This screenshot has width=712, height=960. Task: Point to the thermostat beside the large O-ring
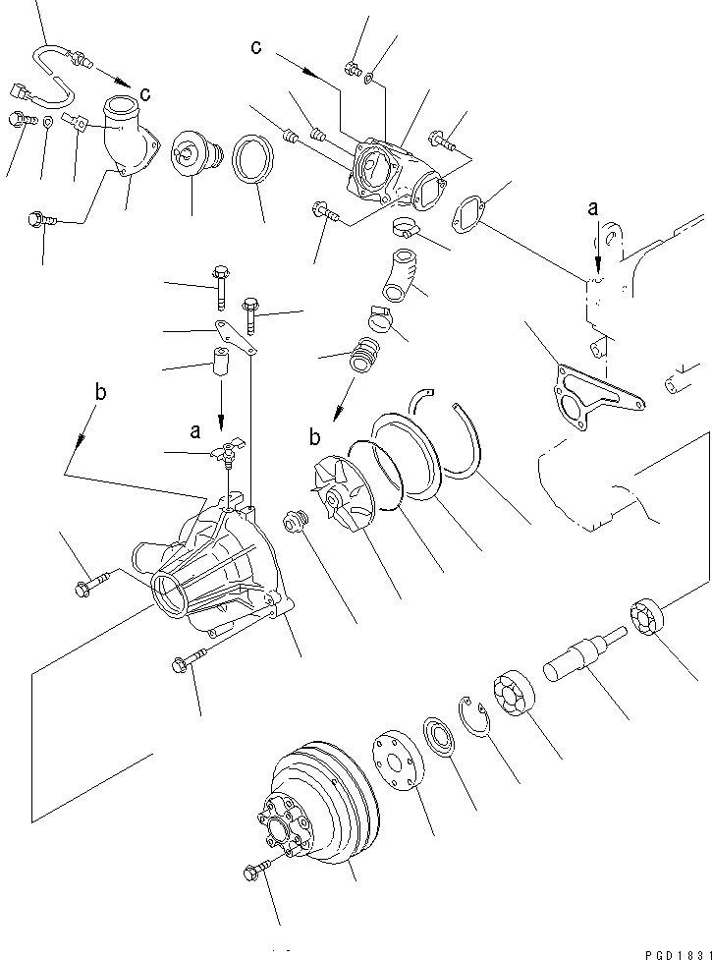[193, 156]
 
